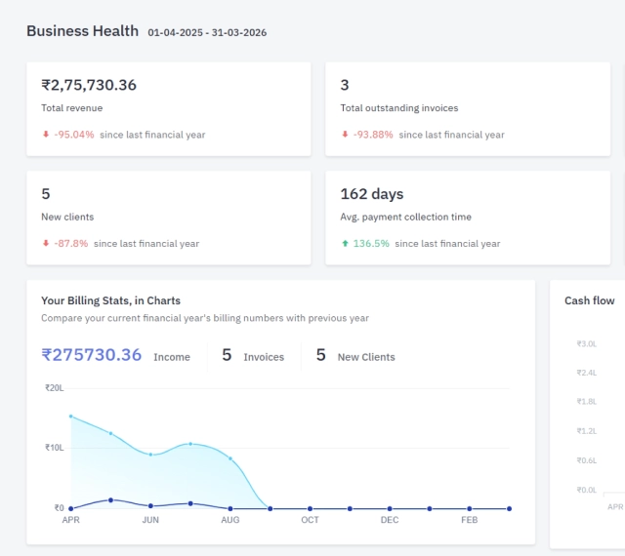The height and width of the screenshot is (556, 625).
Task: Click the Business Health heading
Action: [x=82, y=31]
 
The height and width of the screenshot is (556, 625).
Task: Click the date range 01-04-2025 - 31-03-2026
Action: [x=207, y=33]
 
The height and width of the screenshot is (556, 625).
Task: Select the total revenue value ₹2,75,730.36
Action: [x=89, y=85]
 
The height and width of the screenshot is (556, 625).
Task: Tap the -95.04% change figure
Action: [x=74, y=135]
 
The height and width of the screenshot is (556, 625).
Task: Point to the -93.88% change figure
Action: [x=373, y=135]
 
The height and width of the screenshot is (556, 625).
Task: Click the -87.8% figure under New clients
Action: [x=71, y=244]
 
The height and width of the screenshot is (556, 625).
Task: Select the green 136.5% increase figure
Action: [x=371, y=244]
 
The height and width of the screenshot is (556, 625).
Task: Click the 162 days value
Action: [x=372, y=194]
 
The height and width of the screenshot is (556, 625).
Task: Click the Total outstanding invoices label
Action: [x=398, y=108]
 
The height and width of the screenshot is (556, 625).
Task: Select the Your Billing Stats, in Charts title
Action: [x=110, y=300]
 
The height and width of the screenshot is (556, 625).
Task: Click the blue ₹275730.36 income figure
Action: [x=92, y=356]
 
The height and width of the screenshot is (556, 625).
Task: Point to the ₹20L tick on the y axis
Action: [x=54, y=388]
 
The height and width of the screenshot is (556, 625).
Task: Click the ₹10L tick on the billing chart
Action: [x=54, y=448]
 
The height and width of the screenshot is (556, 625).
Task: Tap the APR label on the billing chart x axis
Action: [x=71, y=521]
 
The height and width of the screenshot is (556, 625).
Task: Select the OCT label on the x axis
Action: [x=310, y=521]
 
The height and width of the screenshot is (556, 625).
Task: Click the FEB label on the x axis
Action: [x=469, y=521]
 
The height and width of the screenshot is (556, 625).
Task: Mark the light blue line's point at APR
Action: [x=71, y=417]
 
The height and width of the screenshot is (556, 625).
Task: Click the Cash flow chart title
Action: [x=589, y=301]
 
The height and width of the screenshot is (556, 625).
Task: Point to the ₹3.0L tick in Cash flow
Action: [x=586, y=344]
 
